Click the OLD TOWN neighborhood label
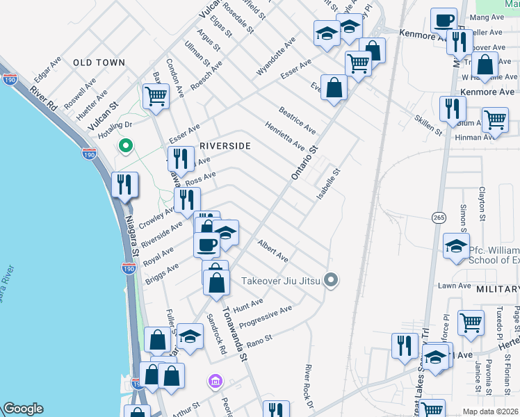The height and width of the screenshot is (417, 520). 99,63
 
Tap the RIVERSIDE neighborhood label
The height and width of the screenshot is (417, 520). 225,146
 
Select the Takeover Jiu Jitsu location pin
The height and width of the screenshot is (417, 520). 332,281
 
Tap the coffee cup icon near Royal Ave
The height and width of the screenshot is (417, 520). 207,244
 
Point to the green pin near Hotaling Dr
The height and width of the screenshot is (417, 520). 125,145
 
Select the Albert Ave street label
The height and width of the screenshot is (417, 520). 273,251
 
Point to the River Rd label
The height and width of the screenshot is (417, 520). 44,96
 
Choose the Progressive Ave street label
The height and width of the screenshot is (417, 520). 265,317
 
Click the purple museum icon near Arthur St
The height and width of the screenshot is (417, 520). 216,382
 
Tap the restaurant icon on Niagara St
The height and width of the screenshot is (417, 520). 125,185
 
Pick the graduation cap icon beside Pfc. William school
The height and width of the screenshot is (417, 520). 456,246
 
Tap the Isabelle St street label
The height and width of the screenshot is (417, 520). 328,184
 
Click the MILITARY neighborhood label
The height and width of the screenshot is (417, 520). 498,288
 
